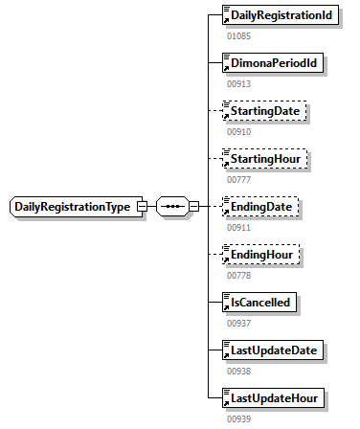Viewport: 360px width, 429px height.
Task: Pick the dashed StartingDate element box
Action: pos(262,112)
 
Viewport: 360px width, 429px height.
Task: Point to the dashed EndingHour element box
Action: pos(259,255)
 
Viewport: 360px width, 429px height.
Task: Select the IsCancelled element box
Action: pos(258,303)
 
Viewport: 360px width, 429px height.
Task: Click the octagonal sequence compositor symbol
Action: pos(172,207)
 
